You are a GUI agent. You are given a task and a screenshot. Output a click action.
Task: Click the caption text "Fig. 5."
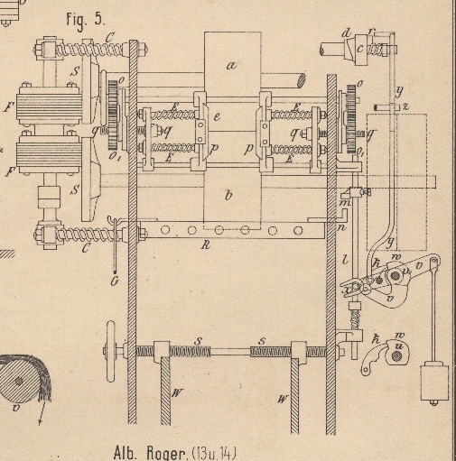(86, 21)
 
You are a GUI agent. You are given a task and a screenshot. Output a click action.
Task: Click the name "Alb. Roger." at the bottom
(152, 453)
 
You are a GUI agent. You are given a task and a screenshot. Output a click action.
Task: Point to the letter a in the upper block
(231, 65)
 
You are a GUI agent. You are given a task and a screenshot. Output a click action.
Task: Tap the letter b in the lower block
(228, 195)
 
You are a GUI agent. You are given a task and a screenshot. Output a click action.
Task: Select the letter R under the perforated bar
(206, 245)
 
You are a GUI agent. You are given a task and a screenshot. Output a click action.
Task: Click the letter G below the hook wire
(115, 281)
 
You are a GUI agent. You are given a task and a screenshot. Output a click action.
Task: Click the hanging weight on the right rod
(434, 383)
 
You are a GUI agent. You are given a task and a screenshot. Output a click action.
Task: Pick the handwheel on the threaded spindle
(110, 351)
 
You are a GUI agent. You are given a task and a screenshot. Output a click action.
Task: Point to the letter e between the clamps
(217, 117)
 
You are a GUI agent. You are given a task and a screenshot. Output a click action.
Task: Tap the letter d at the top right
(347, 32)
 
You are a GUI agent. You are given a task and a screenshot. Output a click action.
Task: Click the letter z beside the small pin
(405, 106)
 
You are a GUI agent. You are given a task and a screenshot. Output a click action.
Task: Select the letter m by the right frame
(346, 202)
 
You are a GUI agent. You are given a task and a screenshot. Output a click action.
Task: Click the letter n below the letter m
(342, 227)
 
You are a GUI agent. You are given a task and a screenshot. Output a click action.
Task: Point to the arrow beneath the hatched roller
(42, 412)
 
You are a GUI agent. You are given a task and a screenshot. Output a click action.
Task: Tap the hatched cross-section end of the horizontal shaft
(302, 80)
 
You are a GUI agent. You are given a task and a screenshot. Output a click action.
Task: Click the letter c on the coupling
(360, 49)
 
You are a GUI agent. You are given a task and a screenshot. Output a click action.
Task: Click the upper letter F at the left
(8, 106)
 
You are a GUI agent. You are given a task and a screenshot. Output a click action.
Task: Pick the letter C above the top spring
(109, 37)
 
